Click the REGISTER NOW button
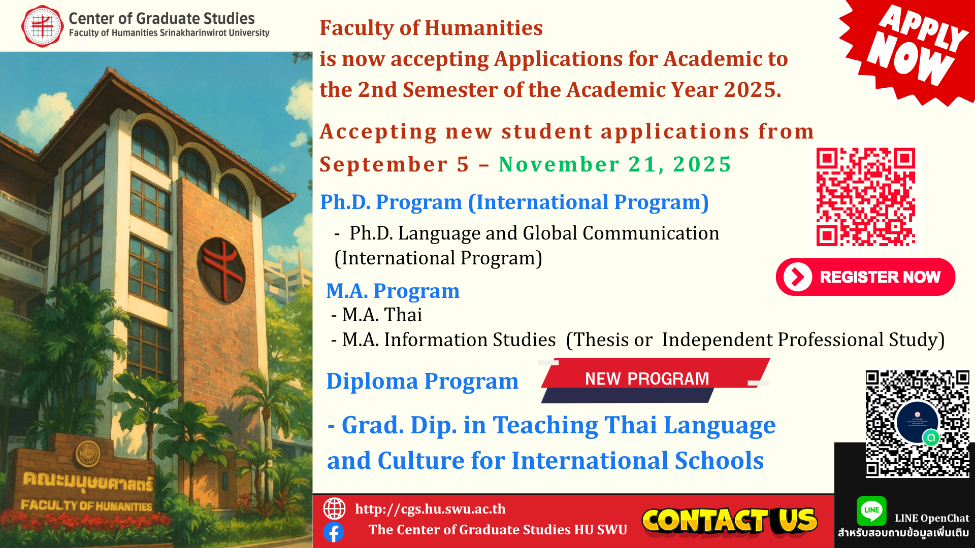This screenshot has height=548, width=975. click(x=865, y=277)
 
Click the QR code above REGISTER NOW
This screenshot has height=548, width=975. click(x=866, y=197)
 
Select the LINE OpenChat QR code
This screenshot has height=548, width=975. click(x=917, y=424)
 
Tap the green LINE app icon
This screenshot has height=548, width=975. click(x=871, y=510)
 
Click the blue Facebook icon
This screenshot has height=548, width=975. click(x=334, y=532)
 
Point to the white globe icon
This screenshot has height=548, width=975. click(x=334, y=508)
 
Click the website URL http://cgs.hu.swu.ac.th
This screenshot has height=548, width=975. click(x=430, y=509)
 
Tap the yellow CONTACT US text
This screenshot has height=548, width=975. click(x=730, y=521)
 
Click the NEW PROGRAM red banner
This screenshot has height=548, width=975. click(x=654, y=380)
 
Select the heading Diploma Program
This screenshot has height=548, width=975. click(x=422, y=381)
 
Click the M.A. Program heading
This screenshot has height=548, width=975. click(x=393, y=291)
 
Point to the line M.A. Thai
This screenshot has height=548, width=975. click(x=376, y=315)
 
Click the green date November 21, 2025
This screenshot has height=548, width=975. click(x=614, y=164)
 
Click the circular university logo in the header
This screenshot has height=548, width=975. click(x=43, y=26)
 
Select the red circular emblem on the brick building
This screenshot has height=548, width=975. click(x=221, y=270)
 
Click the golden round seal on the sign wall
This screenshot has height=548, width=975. click(x=88, y=453)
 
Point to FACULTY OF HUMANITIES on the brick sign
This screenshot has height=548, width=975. click(x=86, y=505)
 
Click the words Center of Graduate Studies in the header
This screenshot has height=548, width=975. click(x=161, y=19)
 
